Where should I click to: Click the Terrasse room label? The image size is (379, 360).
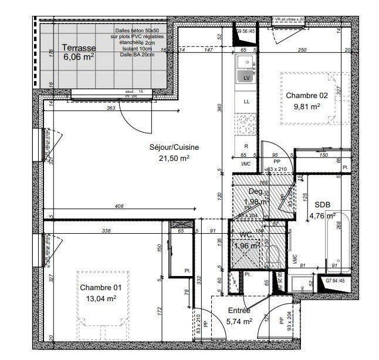(x=78, y=48)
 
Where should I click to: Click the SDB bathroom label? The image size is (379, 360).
(x=323, y=204)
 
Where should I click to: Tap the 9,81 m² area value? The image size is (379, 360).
(x=306, y=106)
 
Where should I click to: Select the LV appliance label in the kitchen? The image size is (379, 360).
(x=247, y=78)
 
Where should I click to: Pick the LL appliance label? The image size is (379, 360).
(x=247, y=101)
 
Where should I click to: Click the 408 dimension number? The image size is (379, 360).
(x=120, y=206)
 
